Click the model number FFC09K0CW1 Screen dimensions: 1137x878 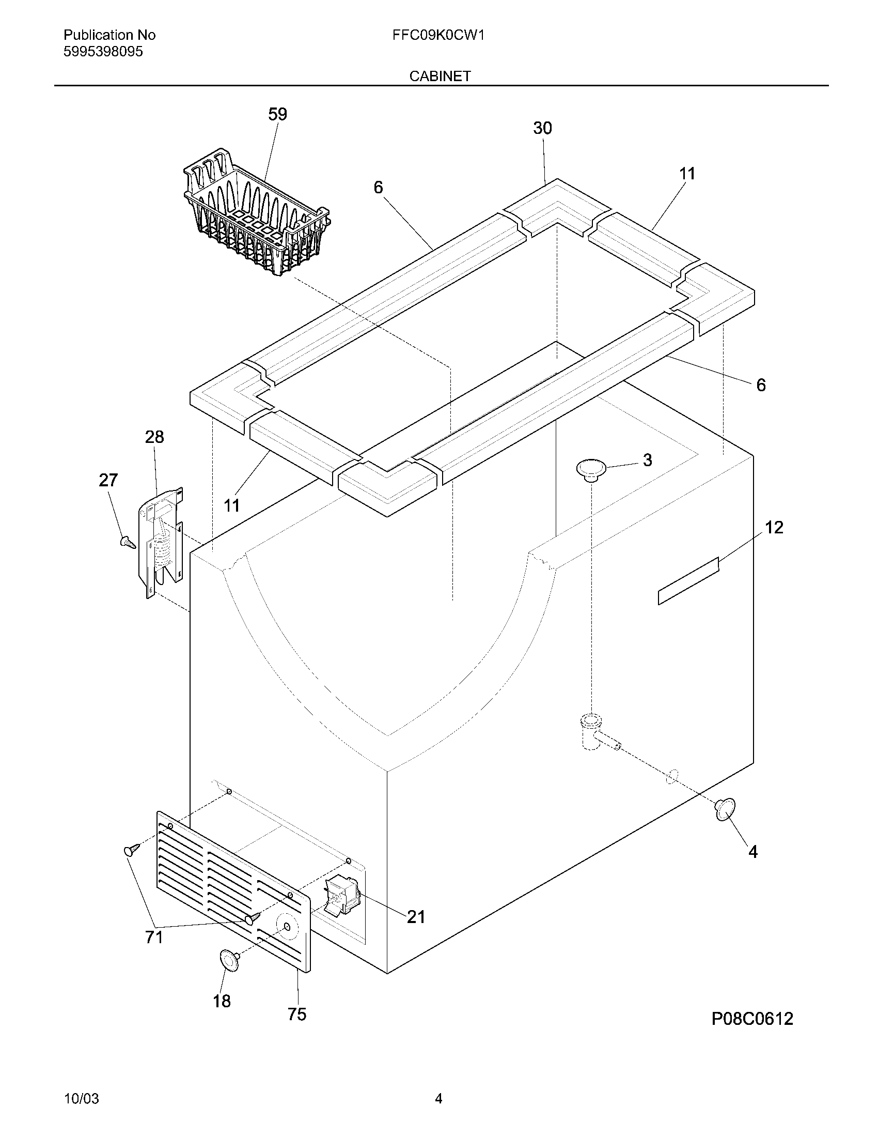(x=438, y=35)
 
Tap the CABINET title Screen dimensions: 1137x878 (x=440, y=76)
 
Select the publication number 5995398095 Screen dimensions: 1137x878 (x=103, y=52)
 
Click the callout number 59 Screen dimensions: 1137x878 (x=277, y=115)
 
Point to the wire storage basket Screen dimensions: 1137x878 (x=255, y=213)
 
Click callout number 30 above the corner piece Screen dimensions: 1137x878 (x=542, y=128)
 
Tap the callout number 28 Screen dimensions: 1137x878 (x=154, y=437)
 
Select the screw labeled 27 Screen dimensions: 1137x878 (x=128, y=543)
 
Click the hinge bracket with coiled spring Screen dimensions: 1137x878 (x=161, y=544)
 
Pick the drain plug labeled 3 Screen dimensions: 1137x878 (x=591, y=469)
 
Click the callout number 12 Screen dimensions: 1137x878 (x=774, y=527)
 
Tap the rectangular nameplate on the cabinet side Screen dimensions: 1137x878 (x=688, y=581)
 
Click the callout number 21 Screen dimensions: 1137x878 (x=416, y=917)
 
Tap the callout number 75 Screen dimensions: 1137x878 (x=297, y=1014)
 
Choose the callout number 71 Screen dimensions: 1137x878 (x=154, y=937)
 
